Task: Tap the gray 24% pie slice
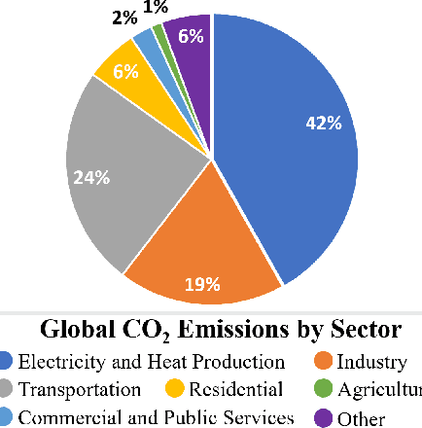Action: click(107, 175)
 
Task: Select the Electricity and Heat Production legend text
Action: click(153, 362)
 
